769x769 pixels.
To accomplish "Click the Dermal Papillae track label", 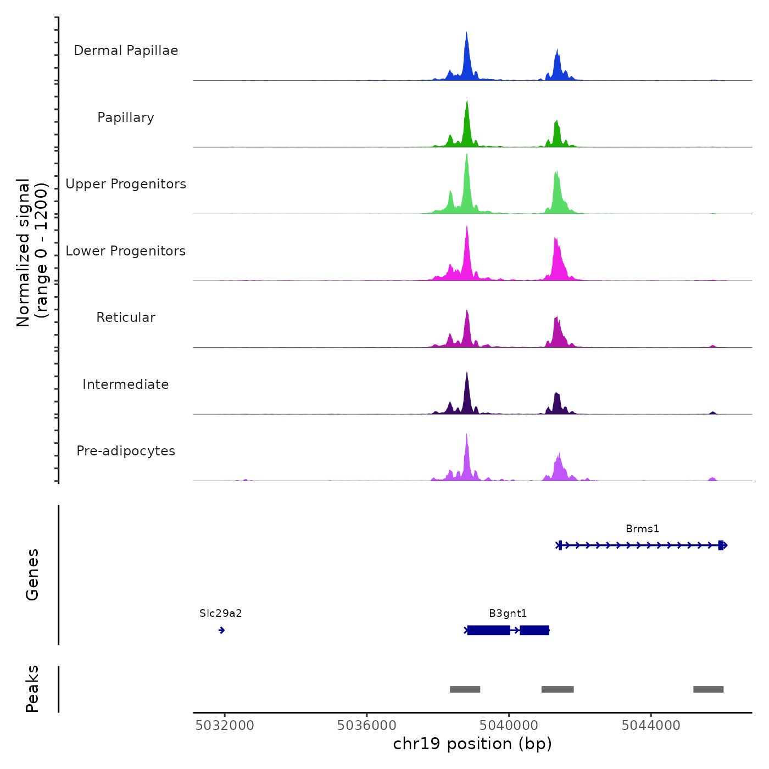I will [126, 51].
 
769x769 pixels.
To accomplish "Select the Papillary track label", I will [126, 118].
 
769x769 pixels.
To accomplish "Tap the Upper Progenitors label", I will [126, 184].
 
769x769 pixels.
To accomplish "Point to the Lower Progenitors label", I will [126, 251].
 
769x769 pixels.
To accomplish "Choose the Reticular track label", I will [126, 317].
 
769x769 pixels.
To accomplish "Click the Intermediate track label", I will [126, 384].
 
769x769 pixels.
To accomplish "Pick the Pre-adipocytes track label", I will [126, 451].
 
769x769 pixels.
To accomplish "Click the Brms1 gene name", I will [642, 529].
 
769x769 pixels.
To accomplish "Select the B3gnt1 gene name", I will [508, 614].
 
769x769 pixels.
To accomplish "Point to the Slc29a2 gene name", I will [220, 614].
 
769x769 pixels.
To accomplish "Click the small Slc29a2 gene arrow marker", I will [221, 630].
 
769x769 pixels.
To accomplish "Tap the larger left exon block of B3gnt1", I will [488, 630].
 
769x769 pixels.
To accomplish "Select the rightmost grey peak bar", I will [708, 689].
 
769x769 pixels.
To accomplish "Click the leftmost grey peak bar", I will [465, 689].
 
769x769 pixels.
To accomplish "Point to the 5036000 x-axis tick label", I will [366, 726].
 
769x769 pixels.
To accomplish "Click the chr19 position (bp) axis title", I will [472, 744].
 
